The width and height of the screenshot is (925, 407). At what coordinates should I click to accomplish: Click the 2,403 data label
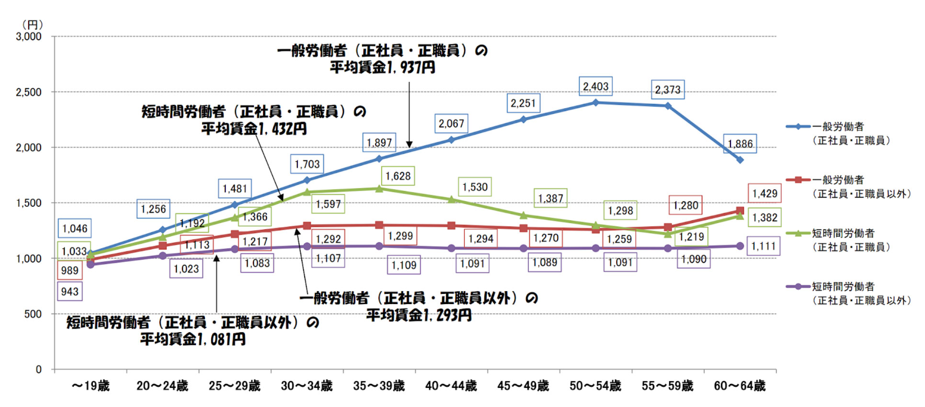[x=595, y=87]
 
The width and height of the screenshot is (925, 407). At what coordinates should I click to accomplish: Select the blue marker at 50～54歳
[x=595, y=102]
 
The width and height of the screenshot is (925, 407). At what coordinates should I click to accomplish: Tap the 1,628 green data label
[x=398, y=176]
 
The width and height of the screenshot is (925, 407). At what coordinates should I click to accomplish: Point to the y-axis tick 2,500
[x=29, y=92]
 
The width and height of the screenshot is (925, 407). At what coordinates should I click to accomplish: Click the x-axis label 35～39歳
[x=379, y=386]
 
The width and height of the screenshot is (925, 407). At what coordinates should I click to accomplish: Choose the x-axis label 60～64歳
[x=740, y=386]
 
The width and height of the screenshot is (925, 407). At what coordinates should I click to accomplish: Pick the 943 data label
[x=70, y=292]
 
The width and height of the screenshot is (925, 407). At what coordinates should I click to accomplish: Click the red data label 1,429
[x=765, y=193]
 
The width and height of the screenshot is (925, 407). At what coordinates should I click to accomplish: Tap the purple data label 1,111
[x=763, y=246]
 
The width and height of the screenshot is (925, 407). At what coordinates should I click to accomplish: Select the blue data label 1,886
[x=740, y=144]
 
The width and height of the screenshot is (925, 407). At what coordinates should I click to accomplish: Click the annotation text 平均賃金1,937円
[x=382, y=68]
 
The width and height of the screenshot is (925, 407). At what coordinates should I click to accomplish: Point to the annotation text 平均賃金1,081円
[x=193, y=339]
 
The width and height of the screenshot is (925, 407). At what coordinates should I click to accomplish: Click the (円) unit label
[x=33, y=24]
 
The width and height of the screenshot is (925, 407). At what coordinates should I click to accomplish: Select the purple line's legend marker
[x=798, y=287]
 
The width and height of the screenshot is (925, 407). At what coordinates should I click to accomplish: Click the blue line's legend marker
[x=798, y=127]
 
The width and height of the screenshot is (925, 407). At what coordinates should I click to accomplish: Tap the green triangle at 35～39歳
[x=379, y=189]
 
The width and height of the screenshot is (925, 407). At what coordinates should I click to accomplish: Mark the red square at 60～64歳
[x=740, y=211]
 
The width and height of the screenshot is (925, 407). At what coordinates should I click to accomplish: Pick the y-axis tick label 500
[x=33, y=314]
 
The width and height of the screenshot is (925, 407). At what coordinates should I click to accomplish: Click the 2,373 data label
[x=668, y=90]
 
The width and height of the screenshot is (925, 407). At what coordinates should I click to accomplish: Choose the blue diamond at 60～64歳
[x=740, y=160]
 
